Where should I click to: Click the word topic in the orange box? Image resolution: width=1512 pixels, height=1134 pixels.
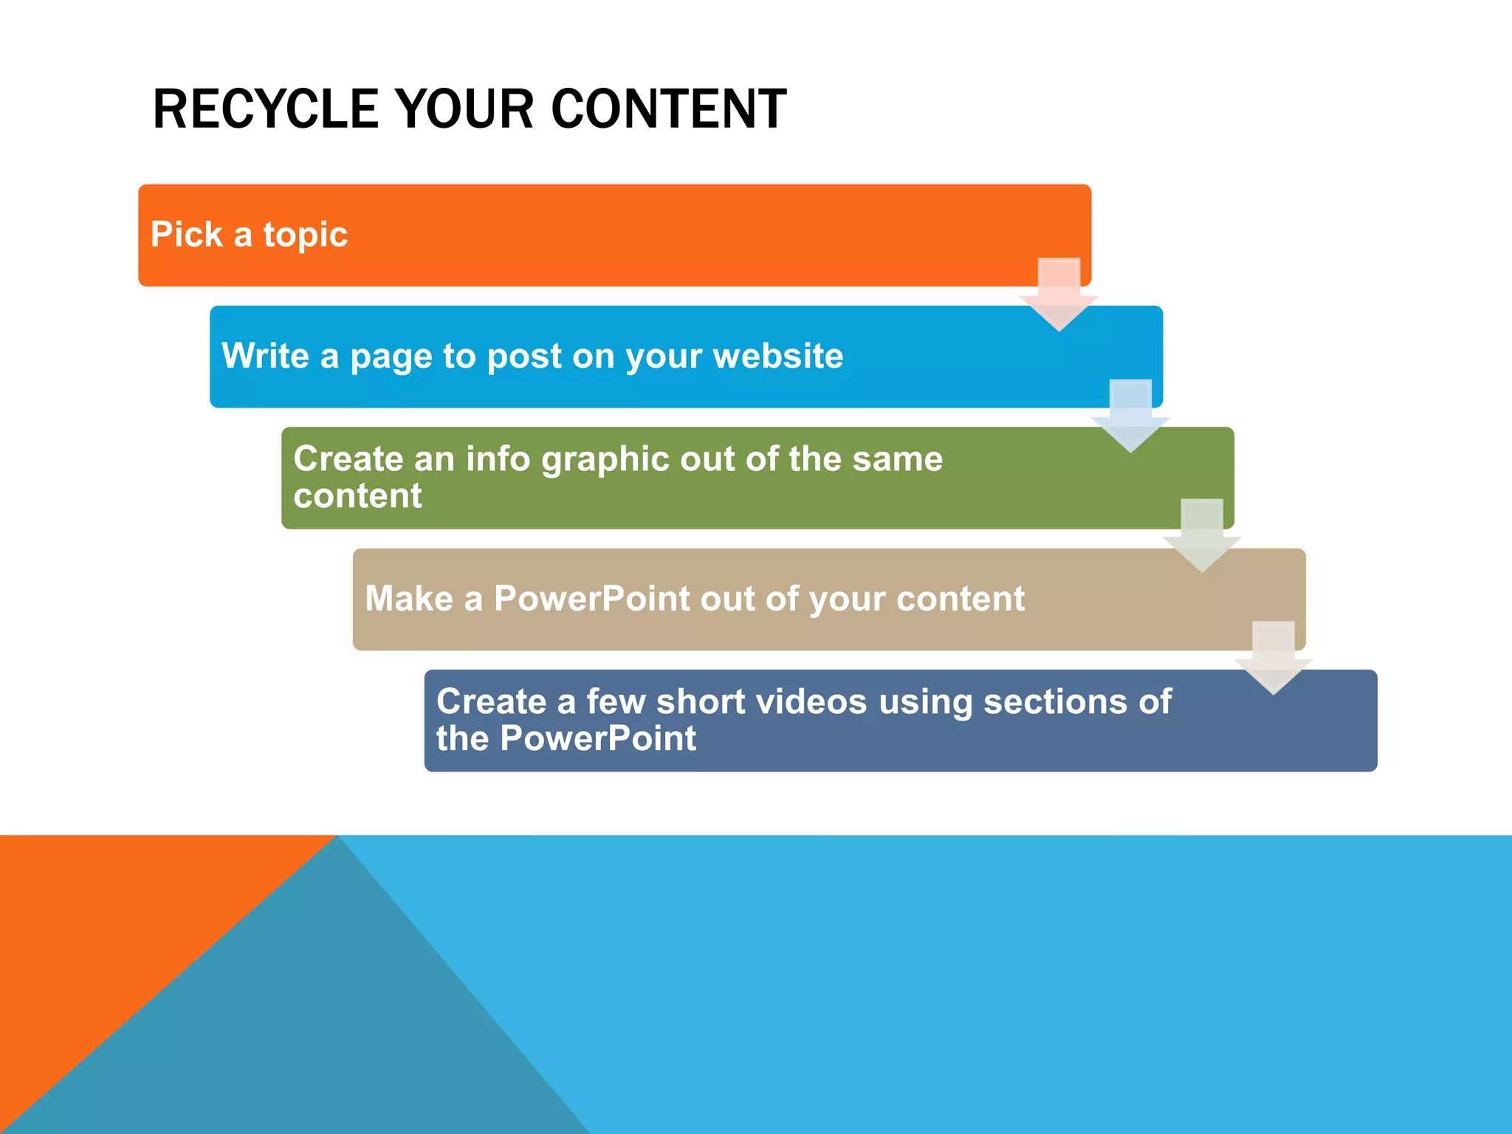(x=305, y=236)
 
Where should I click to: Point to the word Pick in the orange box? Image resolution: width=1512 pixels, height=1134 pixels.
(x=186, y=234)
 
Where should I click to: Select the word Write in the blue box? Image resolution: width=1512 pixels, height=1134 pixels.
(x=265, y=356)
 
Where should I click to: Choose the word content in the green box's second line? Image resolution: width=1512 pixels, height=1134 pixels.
(x=357, y=495)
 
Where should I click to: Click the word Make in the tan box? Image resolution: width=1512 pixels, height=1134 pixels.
(x=408, y=598)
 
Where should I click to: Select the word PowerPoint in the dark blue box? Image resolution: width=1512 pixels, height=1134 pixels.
(x=597, y=738)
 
